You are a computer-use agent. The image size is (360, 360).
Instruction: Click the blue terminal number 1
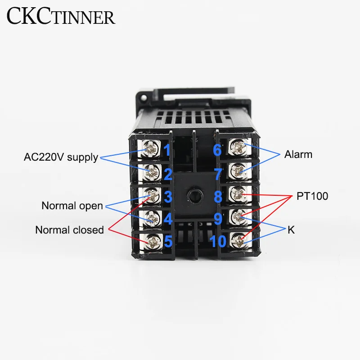point(167,149)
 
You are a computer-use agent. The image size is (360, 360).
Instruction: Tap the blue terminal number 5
point(168,242)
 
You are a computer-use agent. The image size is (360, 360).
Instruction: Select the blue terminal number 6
point(217,149)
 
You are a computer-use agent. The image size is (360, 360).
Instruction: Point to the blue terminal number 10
point(218,242)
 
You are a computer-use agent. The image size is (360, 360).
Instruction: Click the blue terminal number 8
point(218,197)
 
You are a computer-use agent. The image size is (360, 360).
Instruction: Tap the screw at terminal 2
point(153,171)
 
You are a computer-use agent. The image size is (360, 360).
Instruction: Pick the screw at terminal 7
point(237,171)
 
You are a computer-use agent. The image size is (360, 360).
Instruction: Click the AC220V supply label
point(61,157)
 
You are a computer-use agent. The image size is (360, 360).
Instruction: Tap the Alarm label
point(298,155)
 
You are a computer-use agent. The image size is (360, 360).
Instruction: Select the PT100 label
point(312,197)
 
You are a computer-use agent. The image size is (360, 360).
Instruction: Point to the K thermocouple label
point(291,230)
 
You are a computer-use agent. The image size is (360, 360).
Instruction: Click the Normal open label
point(72,206)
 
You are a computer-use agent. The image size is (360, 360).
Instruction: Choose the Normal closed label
point(69,230)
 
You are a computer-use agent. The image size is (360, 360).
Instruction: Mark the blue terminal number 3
point(168,197)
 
